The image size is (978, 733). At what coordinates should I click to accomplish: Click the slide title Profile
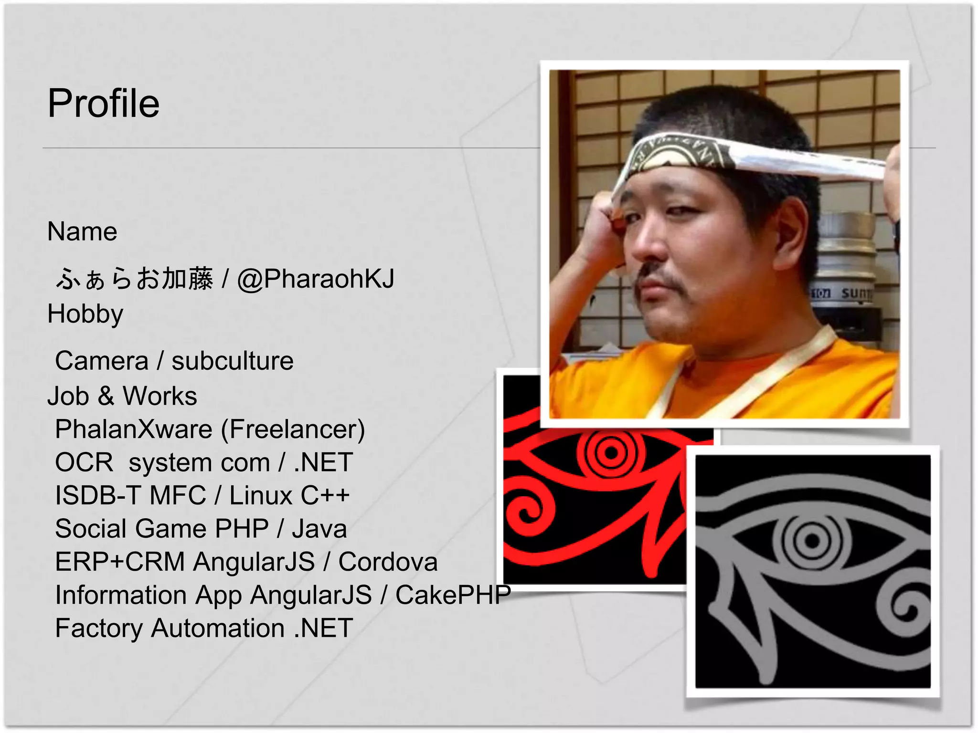[x=104, y=104]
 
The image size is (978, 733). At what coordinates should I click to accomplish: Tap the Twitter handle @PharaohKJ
[x=316, y=279]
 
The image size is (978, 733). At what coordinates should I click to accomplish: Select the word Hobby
[x=85, y=314]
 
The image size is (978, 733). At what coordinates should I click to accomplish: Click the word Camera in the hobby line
[x=102, y=361]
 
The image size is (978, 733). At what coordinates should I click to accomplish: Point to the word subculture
[x=233, y=361]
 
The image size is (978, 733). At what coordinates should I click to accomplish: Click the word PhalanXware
[x=134, y=429]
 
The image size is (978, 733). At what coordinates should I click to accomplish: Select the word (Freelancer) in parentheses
[x=293, y=429]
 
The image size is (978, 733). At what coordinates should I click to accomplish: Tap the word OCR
[x=84, y=462]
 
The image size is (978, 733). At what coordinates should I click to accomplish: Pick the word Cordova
[x=388, y=562]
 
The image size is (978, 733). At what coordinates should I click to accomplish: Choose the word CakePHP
[x=453, y=595]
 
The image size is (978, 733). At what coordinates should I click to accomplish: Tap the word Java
[x=319, y=529]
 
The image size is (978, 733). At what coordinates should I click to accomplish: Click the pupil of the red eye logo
[x=611, y=451]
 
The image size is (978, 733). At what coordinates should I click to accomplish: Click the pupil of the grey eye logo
[x=811, y=541]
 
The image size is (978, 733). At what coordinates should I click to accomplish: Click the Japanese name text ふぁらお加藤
[x=134, y=279]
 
